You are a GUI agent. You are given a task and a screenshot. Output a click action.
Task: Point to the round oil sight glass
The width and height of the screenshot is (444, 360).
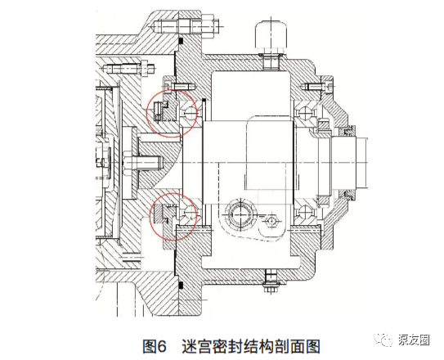pyautogui.click(x=241, y=214)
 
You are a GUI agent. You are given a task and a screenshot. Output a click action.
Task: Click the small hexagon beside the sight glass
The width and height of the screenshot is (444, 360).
pyautogui.click(x=271, y=220)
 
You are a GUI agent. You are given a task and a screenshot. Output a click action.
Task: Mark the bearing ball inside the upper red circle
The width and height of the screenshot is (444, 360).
pyautogui.click(x=190, y=114)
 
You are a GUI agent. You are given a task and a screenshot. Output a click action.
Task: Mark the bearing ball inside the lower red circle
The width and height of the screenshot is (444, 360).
pyautogui.click(x=190, y=211)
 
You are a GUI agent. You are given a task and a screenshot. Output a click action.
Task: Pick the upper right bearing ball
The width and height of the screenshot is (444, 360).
pyautogui.click(x=307, y=114)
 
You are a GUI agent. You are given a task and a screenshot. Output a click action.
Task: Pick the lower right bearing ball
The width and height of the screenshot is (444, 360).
pyautogui.click(x=307, y=211)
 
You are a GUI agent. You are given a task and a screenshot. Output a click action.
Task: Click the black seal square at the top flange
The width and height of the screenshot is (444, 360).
pyautogui.click(x=182, y=42)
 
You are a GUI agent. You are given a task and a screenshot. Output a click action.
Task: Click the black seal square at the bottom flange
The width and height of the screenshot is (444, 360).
pyautogui.click(x=182, y=284)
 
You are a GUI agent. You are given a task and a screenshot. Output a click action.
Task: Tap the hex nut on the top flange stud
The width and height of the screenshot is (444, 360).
pyautogui.click(x=209, y=26)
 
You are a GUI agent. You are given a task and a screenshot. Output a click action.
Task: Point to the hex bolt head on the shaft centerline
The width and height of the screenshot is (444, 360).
pyautogui.click(x=125, y=163)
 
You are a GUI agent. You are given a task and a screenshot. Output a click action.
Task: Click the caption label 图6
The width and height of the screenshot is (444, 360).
pyautogui.click(x=155, y=346)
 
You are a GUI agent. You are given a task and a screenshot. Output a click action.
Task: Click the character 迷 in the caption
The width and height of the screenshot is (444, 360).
pyautogui.click(x=190, y=346)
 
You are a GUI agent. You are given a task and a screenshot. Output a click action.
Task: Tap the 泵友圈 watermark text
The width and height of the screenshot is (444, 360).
pyautogui.click(x=414, y=340)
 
